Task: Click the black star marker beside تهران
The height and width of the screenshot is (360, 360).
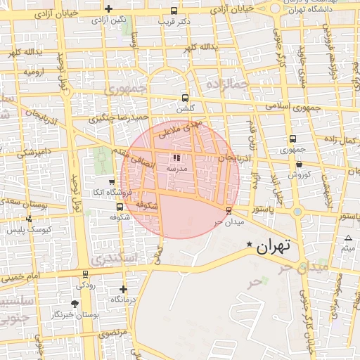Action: tap(248, 244)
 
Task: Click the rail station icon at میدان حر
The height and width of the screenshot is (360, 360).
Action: tap(229, 210)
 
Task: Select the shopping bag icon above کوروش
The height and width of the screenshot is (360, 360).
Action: tap(299, 164)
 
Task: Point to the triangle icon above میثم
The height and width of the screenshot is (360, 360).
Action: tap(348, 238)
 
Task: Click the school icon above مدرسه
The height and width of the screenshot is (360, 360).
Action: tap(176, 157)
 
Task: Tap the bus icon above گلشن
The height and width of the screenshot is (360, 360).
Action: tap(185, 98)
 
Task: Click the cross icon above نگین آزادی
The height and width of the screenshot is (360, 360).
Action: tap(108, 9)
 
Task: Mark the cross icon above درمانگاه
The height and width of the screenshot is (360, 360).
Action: tap(124, 289)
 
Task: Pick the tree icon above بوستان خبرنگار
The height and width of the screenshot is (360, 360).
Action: tap(75, 303)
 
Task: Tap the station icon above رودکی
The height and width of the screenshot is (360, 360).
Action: tap(86, 274)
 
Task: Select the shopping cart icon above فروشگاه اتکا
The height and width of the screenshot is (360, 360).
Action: tap(111, 182)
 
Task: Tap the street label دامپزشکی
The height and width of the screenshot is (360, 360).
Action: tap(34, 151)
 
